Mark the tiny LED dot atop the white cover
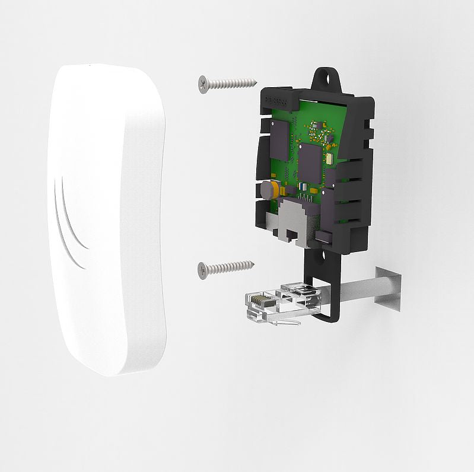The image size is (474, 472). (89, 65)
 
